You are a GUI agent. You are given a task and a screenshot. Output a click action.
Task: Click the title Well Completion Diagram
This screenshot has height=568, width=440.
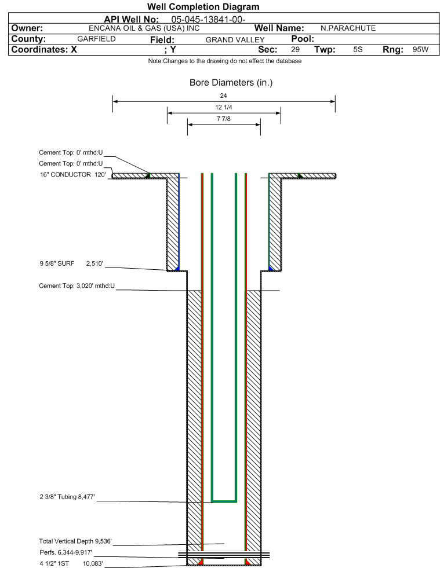[x=203, y=6]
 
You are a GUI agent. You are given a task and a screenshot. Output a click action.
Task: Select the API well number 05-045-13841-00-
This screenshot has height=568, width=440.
[x=208, y=19]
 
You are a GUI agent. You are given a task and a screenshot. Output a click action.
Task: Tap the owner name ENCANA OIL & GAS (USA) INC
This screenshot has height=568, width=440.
[x=144, y=28]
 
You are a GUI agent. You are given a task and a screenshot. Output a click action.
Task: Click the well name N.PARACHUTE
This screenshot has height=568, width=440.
[x=348, y=28]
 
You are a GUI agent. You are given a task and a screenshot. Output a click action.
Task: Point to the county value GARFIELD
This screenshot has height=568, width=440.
[x=96, y=39]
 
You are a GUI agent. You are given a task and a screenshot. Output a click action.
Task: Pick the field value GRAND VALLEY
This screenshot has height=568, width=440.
[x=235, y=40]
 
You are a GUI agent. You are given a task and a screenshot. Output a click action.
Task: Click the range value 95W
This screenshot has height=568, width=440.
[x=420, y=49]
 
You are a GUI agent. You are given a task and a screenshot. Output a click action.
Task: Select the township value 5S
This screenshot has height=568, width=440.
[x=358, y=49]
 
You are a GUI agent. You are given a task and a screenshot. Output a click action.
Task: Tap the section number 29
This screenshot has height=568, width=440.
[x=295, y=49]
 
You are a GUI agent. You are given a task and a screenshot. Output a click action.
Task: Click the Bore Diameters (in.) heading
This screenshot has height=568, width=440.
[x=231, y=83]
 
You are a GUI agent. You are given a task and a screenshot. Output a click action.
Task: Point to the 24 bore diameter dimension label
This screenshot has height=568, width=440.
[x=223, y=96]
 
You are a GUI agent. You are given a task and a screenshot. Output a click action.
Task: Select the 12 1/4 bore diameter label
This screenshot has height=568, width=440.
[x=223, y=107]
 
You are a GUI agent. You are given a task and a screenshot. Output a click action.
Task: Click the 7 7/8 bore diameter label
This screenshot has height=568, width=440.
[x=223, y=119]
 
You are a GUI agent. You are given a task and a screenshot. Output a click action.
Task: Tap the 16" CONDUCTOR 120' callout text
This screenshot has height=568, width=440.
[x=73, y=175]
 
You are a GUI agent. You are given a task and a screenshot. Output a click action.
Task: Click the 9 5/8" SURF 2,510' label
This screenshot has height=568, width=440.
[x=71, y=263]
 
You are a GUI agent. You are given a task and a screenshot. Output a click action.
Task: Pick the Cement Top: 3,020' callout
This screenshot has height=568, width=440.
[x=77, y=286]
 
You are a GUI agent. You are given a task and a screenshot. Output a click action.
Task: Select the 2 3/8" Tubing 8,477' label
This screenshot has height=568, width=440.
[x=67, y=497]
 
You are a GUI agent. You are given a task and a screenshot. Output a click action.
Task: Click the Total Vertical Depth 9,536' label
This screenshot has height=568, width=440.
[x=75, y=541]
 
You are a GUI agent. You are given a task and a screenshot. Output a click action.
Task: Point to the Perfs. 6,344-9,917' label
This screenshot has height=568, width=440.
[x=66, y=552]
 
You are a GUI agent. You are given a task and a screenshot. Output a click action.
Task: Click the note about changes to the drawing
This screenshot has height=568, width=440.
[x=225, y=61]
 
